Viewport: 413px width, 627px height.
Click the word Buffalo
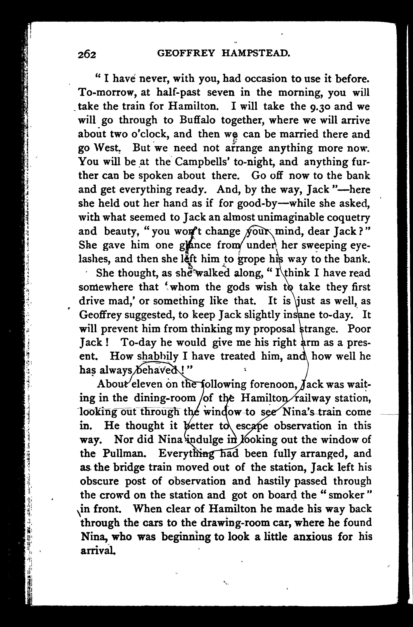tap(197, 120)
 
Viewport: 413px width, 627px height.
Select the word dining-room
tap(165, 398)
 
